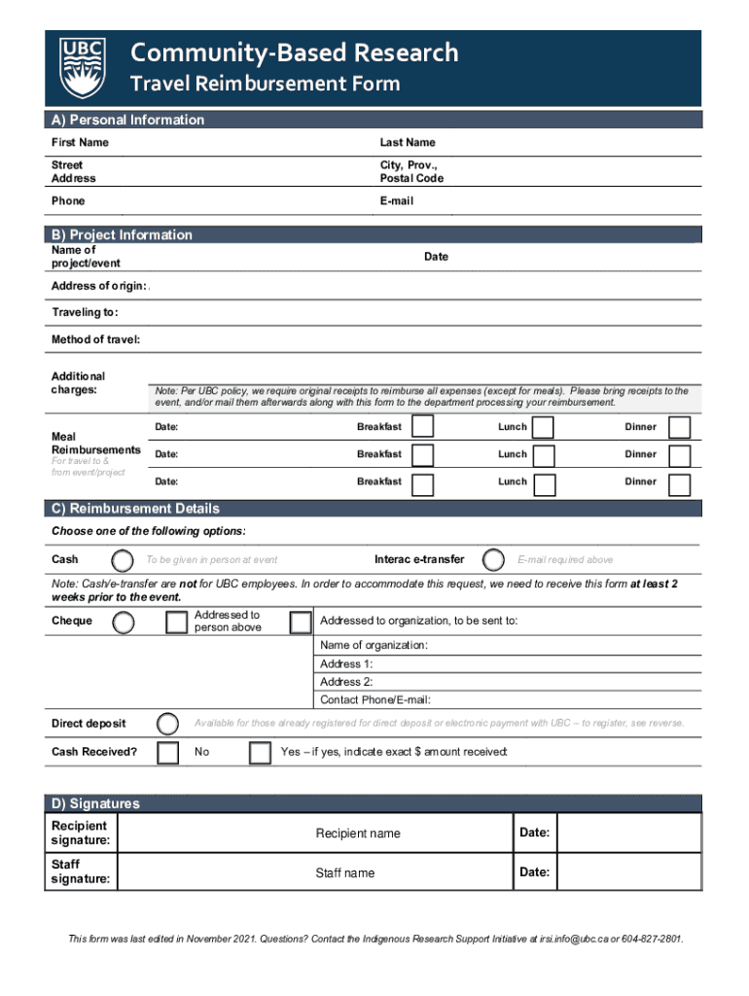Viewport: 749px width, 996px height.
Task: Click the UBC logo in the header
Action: coord(81,68)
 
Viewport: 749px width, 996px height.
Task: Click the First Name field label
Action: coord(80,143)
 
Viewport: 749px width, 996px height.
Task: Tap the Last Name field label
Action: coord(407,143)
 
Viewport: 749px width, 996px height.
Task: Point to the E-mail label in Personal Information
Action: coord(396,201)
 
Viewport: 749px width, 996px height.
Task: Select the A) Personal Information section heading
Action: coord(127,120)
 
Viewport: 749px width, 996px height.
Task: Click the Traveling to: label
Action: coord(85,313)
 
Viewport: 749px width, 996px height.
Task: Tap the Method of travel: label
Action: coord(95,339)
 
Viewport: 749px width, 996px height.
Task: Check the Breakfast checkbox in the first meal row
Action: coord(422,428)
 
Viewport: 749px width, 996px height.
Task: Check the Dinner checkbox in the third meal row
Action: coord(680,483)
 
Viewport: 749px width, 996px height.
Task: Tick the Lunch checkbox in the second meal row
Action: coord(544,455)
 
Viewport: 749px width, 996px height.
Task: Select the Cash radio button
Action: coord(123,560)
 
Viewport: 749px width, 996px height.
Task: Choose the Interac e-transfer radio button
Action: coord(494,560)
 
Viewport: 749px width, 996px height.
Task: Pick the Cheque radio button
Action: coord(123,622)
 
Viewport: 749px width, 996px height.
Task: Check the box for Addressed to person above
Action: coord(176,622)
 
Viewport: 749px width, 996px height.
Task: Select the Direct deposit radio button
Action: coord(168,724)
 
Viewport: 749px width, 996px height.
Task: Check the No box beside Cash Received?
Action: coord(168,753)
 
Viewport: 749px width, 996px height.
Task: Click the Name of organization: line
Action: coord(374,646)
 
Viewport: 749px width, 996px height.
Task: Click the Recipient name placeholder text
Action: coord(357,834)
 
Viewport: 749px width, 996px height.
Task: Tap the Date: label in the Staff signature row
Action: coord(534,872)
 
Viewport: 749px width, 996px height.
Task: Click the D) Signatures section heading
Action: coord(95,803)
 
